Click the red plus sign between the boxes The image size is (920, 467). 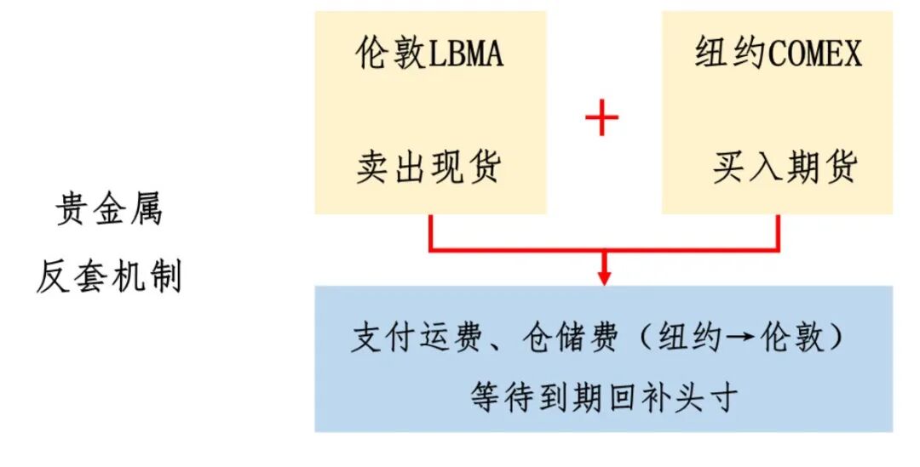(601, 118)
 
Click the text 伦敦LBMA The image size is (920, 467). (429, 54)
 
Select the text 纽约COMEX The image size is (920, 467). (778, 54)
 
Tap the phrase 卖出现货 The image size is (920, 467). (428, 168)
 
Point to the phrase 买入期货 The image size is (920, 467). (785, 168)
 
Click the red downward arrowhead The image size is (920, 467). (604, 277)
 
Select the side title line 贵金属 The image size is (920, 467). (109, 210)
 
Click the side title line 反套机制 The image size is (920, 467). (109, 277)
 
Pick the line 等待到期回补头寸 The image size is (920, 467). (603, 397)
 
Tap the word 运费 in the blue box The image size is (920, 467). (440, 339)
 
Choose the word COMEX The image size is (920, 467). (815, 54)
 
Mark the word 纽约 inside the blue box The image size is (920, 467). (686, 339)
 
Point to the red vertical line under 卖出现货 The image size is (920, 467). (430, 231)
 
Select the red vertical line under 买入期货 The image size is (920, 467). (778, 231)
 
